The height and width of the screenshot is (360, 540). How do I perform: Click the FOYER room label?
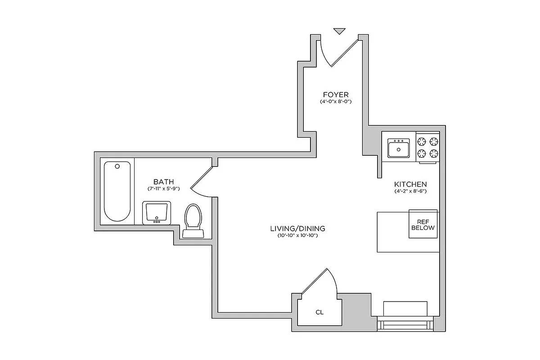[336, 94]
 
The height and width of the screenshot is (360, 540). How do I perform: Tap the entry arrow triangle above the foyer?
[340, 31]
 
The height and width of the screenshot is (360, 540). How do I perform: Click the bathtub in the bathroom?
[117, 191]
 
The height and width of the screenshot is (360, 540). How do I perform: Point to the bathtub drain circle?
[117, 166]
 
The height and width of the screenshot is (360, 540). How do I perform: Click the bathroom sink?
[157, 212]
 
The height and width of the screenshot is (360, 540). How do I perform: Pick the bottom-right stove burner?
[433, 154]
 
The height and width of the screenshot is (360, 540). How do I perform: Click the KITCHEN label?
[410, 184]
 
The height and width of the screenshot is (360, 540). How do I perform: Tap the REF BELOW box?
[423, 225]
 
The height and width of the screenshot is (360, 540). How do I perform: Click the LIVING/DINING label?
[297, 229]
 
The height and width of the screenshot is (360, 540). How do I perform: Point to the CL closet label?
[319, 312]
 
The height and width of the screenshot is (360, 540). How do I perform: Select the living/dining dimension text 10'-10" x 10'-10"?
[297, 236]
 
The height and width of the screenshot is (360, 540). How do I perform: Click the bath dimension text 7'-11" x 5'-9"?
[163, 189]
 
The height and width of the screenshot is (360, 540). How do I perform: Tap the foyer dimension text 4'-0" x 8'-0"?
[336, 102]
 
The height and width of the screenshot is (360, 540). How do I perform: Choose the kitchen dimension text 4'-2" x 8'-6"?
[410, 192]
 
